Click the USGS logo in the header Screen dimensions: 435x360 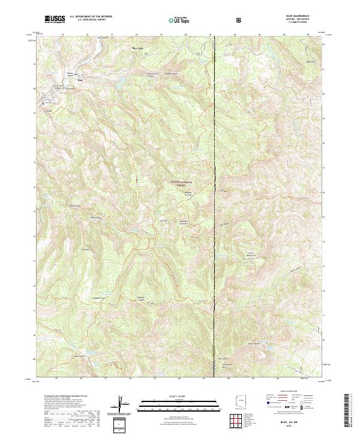point(55,19)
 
